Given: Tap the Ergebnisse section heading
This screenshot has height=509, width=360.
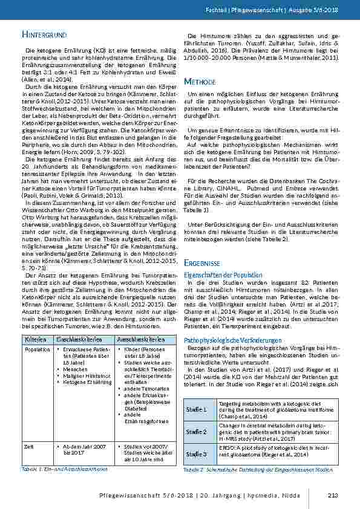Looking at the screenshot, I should [205, 264].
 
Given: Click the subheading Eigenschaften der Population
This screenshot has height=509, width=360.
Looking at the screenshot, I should [218, 274].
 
